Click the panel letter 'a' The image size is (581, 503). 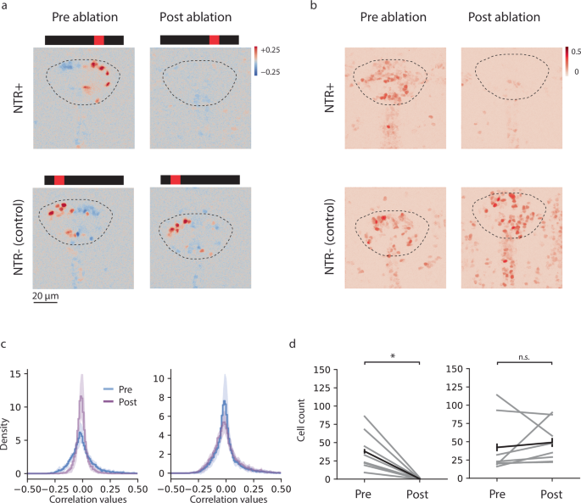tap(5, 7)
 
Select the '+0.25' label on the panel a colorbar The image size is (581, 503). tap(271, 51)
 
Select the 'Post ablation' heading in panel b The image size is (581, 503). tap(506, 17)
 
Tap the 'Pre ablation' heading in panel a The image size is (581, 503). tap(84, 17)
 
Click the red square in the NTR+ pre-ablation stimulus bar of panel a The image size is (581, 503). tap(99, 40)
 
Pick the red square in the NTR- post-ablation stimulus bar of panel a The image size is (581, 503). tap(176, 180)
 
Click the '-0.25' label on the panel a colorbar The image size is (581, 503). tap(271, 73)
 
